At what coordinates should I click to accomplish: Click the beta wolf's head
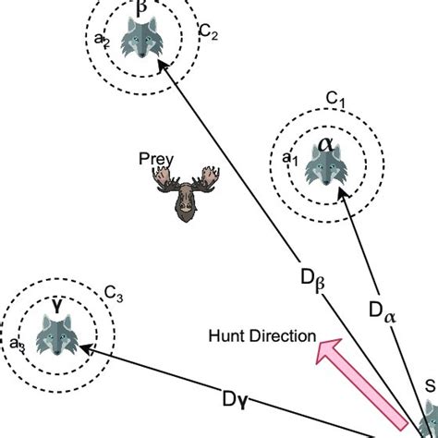click(141, 42)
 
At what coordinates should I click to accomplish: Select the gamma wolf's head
click(55, 335)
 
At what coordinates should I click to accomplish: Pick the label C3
click(114, 294)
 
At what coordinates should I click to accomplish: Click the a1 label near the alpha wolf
click(288, 159)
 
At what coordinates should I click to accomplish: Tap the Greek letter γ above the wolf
click(56, 304)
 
